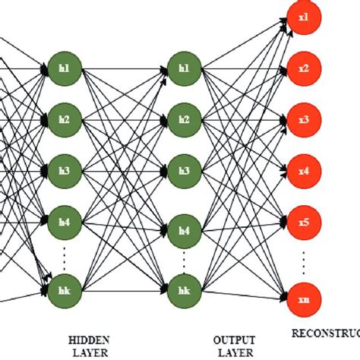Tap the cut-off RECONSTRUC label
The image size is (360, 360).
coord(326,332)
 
